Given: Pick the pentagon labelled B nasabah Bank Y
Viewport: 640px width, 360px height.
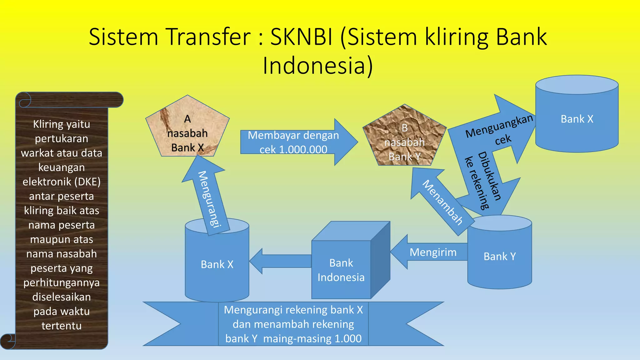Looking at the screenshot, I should tap(404, 137).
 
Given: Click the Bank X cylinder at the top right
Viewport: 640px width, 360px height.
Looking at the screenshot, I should tap(577, 119).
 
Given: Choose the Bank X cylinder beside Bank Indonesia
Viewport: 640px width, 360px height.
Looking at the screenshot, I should tap(217, 264).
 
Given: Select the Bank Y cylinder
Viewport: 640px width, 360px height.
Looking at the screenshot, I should tap(499, 256).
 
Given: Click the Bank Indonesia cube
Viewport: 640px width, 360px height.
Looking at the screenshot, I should tap(341, 270).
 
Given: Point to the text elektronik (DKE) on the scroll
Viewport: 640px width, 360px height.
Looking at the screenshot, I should tap(62, 182).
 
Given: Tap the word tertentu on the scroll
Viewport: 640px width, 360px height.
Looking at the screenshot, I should tap(62, 326).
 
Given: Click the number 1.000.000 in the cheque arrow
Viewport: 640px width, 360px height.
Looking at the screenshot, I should tap(303, 150).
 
